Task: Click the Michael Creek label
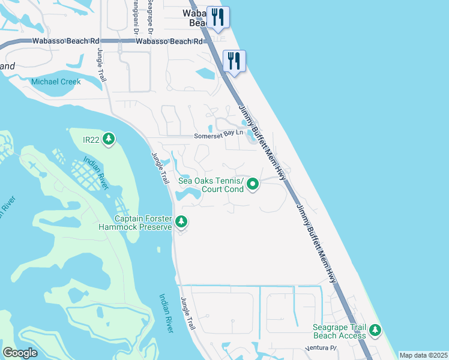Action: (56, 82)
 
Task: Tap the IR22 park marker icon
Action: (108, 139)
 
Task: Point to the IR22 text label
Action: (91, 140)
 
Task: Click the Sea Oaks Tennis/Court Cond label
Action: (211, 185)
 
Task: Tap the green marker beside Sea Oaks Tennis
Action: (253, 184)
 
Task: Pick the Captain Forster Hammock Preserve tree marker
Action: (181, 223)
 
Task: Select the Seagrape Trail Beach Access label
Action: (339, 331)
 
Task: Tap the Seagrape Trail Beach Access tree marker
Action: (375, 329)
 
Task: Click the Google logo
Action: (20, 353)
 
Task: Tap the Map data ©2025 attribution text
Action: (423, 355)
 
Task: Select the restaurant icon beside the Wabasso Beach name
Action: (217, 17)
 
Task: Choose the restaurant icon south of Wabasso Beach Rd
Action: (234, 60)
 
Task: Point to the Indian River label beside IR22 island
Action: (95, 173)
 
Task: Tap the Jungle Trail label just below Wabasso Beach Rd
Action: (101, 65)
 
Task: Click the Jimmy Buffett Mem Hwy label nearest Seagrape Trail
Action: (316, 244)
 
